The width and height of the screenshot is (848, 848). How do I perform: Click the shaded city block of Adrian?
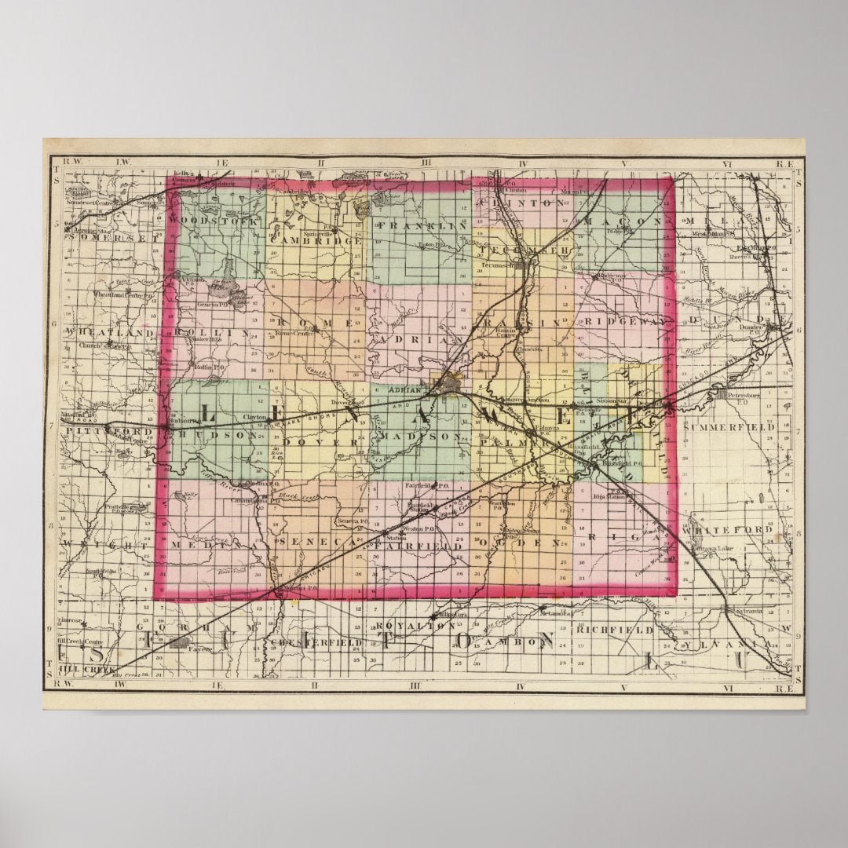coord(453,384)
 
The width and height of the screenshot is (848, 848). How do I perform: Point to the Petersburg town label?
coord(745,395)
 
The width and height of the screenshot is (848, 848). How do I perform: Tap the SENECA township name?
coord(313,543)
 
